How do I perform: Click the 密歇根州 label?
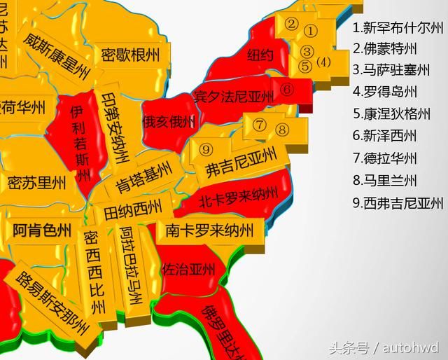(x=130, y=55)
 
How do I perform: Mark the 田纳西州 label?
(x=133, y=208)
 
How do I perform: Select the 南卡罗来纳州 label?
(x=210, y=230)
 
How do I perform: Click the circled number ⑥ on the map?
(x=287, y=90)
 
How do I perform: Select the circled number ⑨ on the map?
(x=205, y=149)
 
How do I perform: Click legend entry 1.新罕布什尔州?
(x=398, y=28)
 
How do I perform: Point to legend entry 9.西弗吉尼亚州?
(x=398, y=203)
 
